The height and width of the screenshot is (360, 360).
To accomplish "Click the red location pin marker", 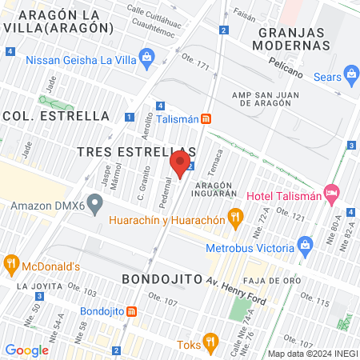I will pyautogui.click(x=180, y=166).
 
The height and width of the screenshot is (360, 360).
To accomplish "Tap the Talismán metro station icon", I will pyautogui.click(x=206, y=118).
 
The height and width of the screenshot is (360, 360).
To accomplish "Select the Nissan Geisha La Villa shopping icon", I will pyautogui.click(x=146, y=57).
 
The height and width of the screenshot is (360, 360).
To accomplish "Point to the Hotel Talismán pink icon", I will pyautogui.click(x=332, y=195).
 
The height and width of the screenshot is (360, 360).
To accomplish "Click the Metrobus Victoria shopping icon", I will pyautogui.click(x=303, y=244).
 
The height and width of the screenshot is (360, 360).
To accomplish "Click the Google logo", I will pyautogui.click(x=26, y=350).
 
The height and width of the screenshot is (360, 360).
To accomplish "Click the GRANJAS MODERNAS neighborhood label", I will pyautogui.click(x=294, y=38).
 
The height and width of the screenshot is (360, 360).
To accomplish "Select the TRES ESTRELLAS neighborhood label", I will pyautogui.click(x=136, y=151).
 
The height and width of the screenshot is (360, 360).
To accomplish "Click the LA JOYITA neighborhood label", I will pyautogui.click(x=33, y=286).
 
